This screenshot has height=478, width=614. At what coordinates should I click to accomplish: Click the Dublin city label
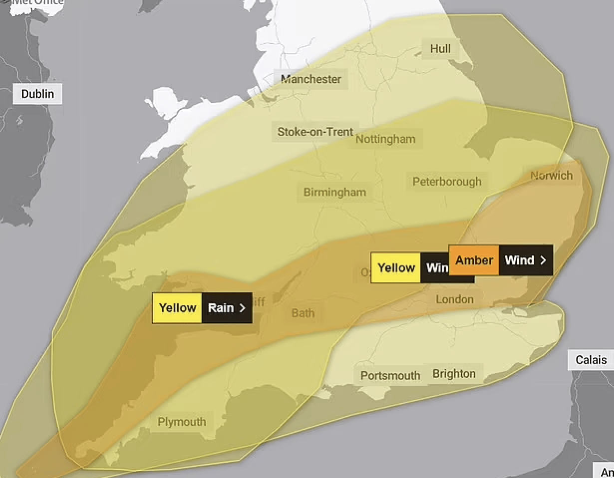(37, 93)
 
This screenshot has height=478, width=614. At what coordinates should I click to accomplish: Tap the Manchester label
(311, 79)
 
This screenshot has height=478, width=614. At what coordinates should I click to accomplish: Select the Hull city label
(440, 48)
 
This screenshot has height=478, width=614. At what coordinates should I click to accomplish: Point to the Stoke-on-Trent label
(315, 132)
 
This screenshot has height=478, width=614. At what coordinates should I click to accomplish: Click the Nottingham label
(385, 139)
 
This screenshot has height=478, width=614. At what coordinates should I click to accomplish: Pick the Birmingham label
(334, 192)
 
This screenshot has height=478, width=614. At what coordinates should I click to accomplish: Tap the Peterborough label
(447, 181)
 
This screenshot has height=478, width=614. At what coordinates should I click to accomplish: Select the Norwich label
(552, 176)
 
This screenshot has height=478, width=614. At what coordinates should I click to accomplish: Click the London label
(455, 299)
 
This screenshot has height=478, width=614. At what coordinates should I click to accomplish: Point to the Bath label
(303, 313)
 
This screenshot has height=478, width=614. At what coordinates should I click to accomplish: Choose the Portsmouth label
(390, 376)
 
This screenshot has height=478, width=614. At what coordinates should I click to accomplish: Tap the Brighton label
(454, 374)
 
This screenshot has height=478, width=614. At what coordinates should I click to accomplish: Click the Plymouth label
(182, 422)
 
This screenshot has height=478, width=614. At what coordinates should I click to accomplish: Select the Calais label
(591, 360)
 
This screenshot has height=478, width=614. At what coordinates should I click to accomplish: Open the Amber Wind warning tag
(501, 260)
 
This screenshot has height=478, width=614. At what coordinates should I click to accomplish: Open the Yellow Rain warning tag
(202, 308)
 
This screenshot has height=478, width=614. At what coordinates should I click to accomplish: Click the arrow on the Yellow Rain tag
(243, 308)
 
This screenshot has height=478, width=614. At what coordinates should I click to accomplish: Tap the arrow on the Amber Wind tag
(543, 260)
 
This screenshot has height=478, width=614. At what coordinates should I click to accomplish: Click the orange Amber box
(474, 260)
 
